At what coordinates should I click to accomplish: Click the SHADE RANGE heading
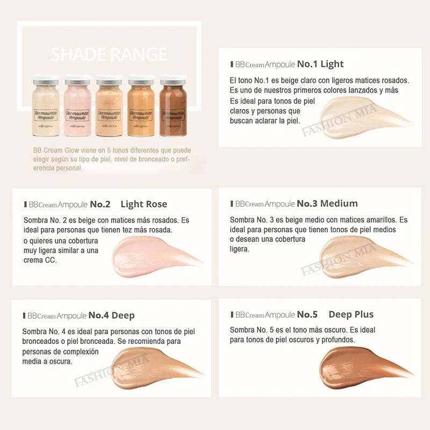coord(109,54)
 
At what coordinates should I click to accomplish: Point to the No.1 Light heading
coord(320,64)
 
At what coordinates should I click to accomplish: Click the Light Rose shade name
coord(144,204)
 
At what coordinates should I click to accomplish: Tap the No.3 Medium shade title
coord(327,204)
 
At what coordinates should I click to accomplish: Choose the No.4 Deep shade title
coord(111,315)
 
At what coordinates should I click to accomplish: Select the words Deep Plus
coord(350,314)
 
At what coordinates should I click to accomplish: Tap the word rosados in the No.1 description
coord(393,81)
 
